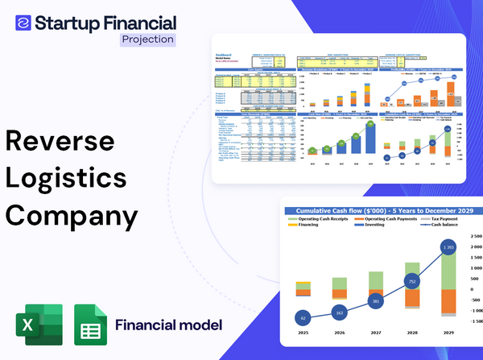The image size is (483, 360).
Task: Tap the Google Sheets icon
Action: click(x=90, y=326)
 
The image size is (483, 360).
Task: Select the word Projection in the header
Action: click(x=147, y=39)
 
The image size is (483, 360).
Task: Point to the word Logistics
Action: click(x=65, y=178)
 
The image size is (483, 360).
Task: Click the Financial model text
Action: click(x=168, y=325)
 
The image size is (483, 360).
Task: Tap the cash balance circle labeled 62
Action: click(x=302, y=318)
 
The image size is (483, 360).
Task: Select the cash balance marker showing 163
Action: click(x=339, y=312)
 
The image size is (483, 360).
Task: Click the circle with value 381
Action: click(x=375, y=301)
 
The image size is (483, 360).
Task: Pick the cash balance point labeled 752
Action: click(x=411, y=282)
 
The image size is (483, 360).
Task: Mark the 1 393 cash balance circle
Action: click(x=448, y=246)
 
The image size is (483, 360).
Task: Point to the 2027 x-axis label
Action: click(x=375, y=332)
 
